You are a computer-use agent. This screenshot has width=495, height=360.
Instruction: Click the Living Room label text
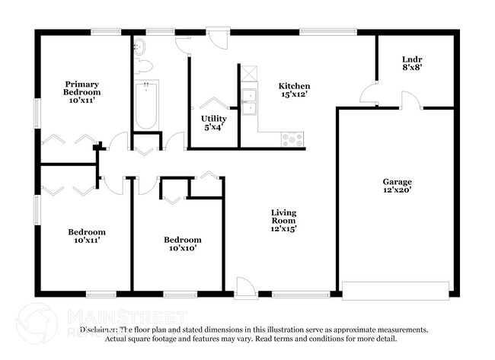point(283,220)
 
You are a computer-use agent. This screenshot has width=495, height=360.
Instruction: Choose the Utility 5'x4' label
point(213,123)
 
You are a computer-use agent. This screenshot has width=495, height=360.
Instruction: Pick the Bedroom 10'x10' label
point(183,244)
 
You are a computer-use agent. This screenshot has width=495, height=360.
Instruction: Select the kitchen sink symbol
point(249,98)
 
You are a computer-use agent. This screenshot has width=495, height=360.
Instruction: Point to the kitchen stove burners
point(292,139)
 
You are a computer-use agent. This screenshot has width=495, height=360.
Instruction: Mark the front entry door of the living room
point(245,288)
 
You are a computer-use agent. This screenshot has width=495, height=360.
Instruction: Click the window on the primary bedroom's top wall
point(106,32)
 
